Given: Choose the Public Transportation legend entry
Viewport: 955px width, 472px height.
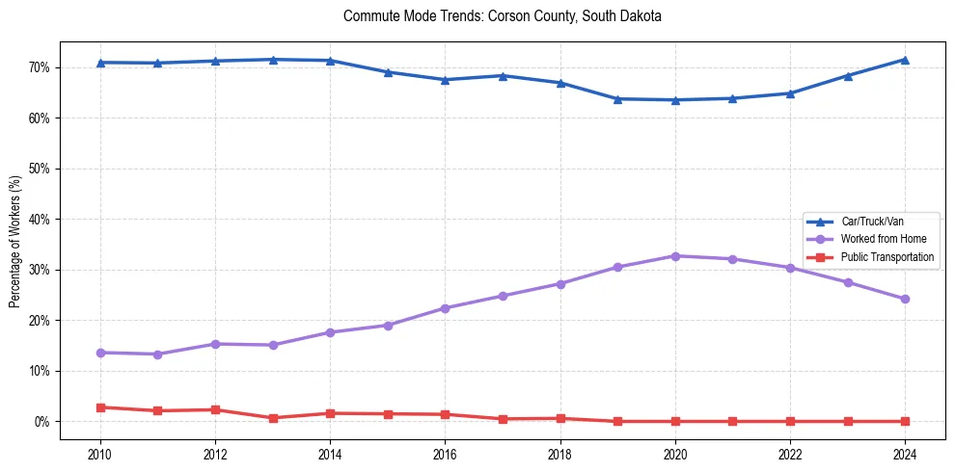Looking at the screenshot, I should click(887, 256).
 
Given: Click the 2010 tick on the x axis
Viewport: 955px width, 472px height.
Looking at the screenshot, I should click(99, 453).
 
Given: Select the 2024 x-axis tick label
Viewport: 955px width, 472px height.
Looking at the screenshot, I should click(905, 453).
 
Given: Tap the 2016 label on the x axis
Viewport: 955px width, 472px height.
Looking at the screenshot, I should click(445, 453).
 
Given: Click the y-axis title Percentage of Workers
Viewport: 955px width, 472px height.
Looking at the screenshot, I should click(14, 241).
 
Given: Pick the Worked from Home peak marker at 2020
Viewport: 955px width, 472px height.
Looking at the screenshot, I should click(675, 256).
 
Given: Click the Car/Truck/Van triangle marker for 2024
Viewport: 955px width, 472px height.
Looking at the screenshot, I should click(905, 60).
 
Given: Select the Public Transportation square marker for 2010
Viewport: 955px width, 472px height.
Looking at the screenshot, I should click(99, 407).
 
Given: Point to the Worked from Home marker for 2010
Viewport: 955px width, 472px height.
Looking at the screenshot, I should click(99, 353).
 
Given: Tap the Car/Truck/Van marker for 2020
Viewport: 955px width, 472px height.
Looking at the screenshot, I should click(675, 99).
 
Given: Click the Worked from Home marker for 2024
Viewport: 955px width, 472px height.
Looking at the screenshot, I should click(905, 299).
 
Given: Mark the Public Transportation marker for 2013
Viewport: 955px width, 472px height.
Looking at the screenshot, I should click(272, 418).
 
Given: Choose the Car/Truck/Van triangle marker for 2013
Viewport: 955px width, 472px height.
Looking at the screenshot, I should click(272, 60).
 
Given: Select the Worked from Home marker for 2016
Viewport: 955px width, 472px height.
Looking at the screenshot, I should click(445, 308).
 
